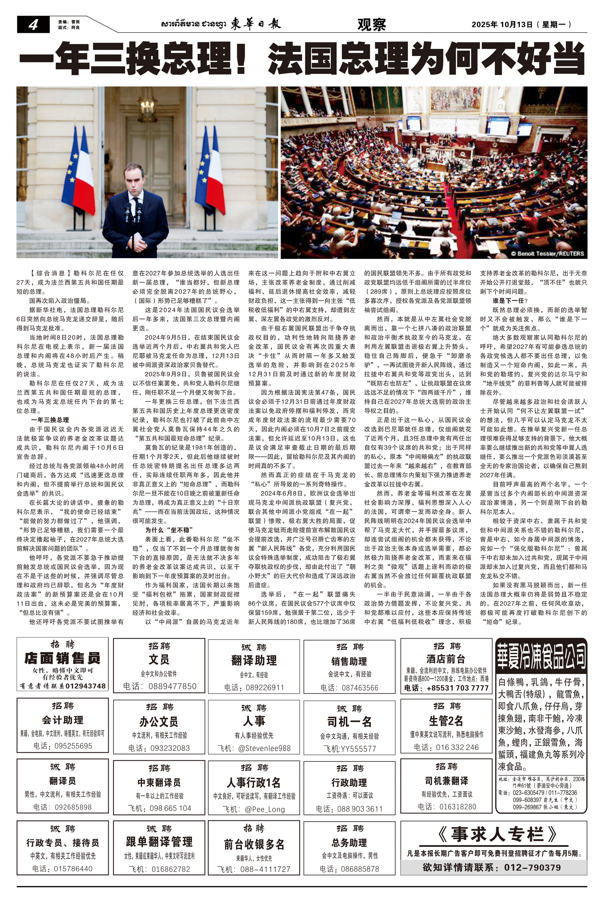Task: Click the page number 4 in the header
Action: pyautogui.click(x=33, y=25)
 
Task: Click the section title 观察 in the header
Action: pyautogui.click(x=371, y=25)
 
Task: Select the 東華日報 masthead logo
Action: pyautogui.click(x=256, y=24)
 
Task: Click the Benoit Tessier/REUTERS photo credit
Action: pyautogui.click(x=547, y=253)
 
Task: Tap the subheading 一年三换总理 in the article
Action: pyautogui.click(x=50, y=420)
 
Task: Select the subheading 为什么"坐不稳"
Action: pyautogui.click(x=169, y=530)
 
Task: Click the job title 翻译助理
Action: pyautogui.click(x=254, y=661)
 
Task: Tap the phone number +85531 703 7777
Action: pyautogui.click(x=457, y=688)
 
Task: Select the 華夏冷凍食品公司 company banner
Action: pyautogui.click(x=541, y=654)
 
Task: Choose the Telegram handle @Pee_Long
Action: pyautogui.click(x=265, y=809)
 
